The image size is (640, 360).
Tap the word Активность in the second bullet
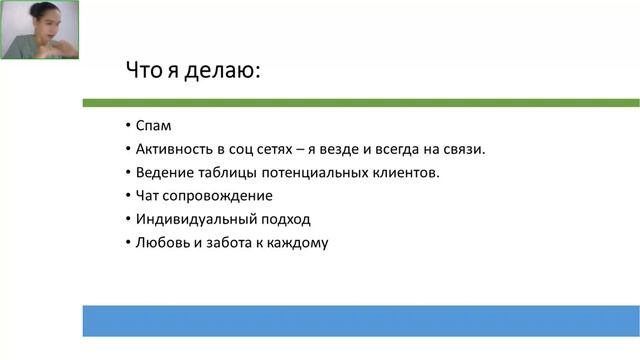175,149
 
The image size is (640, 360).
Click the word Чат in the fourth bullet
148,195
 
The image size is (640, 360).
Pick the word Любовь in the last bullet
161,242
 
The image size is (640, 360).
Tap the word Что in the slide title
143,71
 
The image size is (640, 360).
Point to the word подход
281,219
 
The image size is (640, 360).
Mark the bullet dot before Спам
129,126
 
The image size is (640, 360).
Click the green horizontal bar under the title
360,102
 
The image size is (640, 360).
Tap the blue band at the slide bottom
360,320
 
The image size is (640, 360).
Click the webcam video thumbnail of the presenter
41,30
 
